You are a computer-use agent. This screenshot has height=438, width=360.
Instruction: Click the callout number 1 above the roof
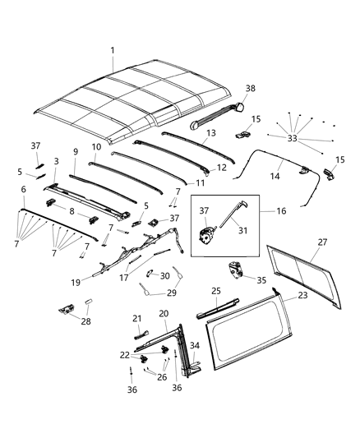(113, 51)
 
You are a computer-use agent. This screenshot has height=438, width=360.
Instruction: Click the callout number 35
(261, 280)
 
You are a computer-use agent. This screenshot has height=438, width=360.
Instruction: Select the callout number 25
(215, 290)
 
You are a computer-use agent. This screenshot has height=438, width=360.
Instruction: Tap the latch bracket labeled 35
(236, 270)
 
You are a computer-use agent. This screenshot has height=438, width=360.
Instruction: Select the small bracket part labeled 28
(64, 308)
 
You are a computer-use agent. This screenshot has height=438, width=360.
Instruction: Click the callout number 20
(164, 313)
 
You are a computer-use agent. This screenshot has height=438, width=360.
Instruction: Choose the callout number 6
(22, 188)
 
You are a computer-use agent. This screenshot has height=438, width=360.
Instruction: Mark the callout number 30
(164, 275)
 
